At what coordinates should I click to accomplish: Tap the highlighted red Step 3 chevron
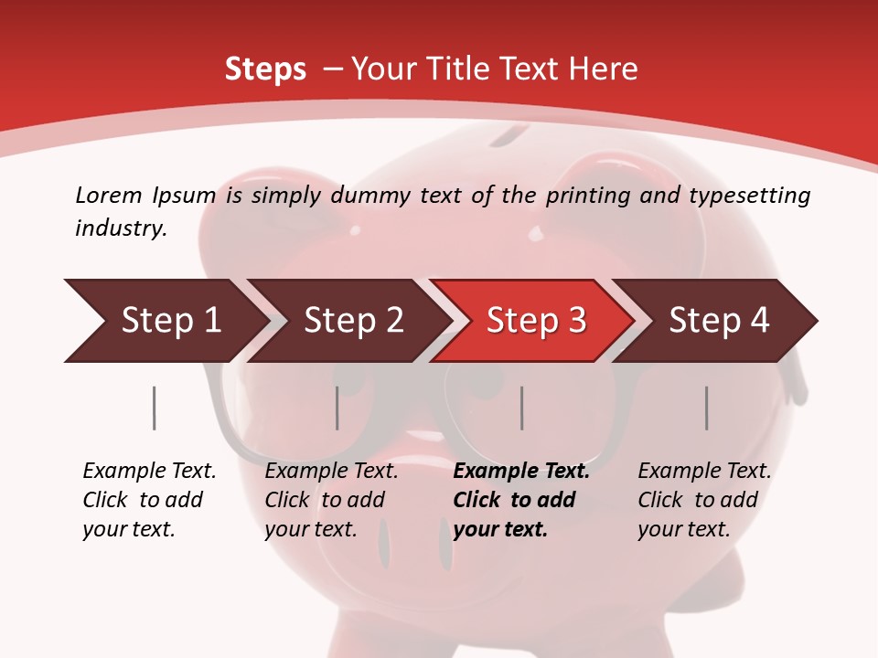536,321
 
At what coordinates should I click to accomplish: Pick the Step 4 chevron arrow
719,321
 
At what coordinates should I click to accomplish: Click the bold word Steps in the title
265,69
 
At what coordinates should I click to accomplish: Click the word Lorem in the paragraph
108,195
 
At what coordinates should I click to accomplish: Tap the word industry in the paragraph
121,228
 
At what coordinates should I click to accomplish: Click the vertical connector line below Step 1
154,408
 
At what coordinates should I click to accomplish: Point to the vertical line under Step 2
337,408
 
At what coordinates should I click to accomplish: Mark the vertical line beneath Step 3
521,408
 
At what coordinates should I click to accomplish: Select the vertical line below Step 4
706,408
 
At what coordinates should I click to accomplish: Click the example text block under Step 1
149,500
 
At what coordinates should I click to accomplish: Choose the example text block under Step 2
331,500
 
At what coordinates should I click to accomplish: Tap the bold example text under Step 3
521,500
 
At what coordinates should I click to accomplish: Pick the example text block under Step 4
704,500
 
